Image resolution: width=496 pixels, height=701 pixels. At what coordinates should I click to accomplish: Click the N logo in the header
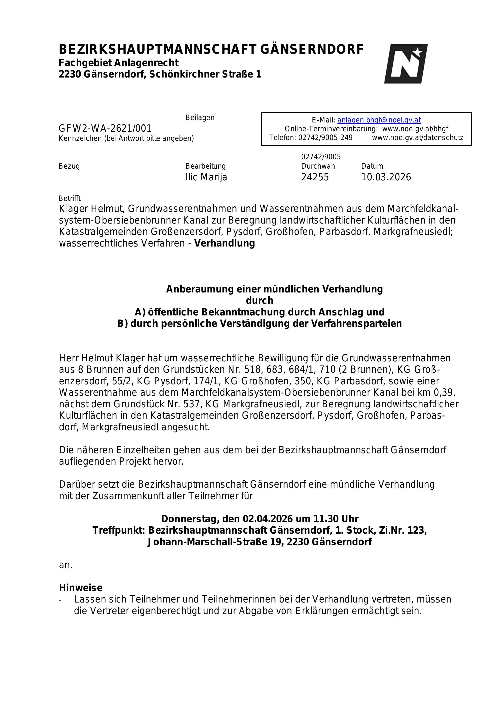(406, 64)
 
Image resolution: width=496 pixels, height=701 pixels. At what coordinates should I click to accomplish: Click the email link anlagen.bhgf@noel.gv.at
(379, 120)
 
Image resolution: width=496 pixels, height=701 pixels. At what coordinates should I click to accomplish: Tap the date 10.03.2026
(386, 177)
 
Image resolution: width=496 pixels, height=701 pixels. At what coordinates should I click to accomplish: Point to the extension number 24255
(315, 177)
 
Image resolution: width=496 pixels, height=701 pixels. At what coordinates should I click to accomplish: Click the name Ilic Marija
(206, 177)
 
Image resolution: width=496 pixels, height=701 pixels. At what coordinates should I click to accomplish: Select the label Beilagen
(200, 117)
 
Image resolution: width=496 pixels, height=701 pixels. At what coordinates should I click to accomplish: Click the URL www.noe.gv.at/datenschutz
(417, 137)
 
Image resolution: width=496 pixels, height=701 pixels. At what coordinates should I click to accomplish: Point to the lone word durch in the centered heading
(259, 300)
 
